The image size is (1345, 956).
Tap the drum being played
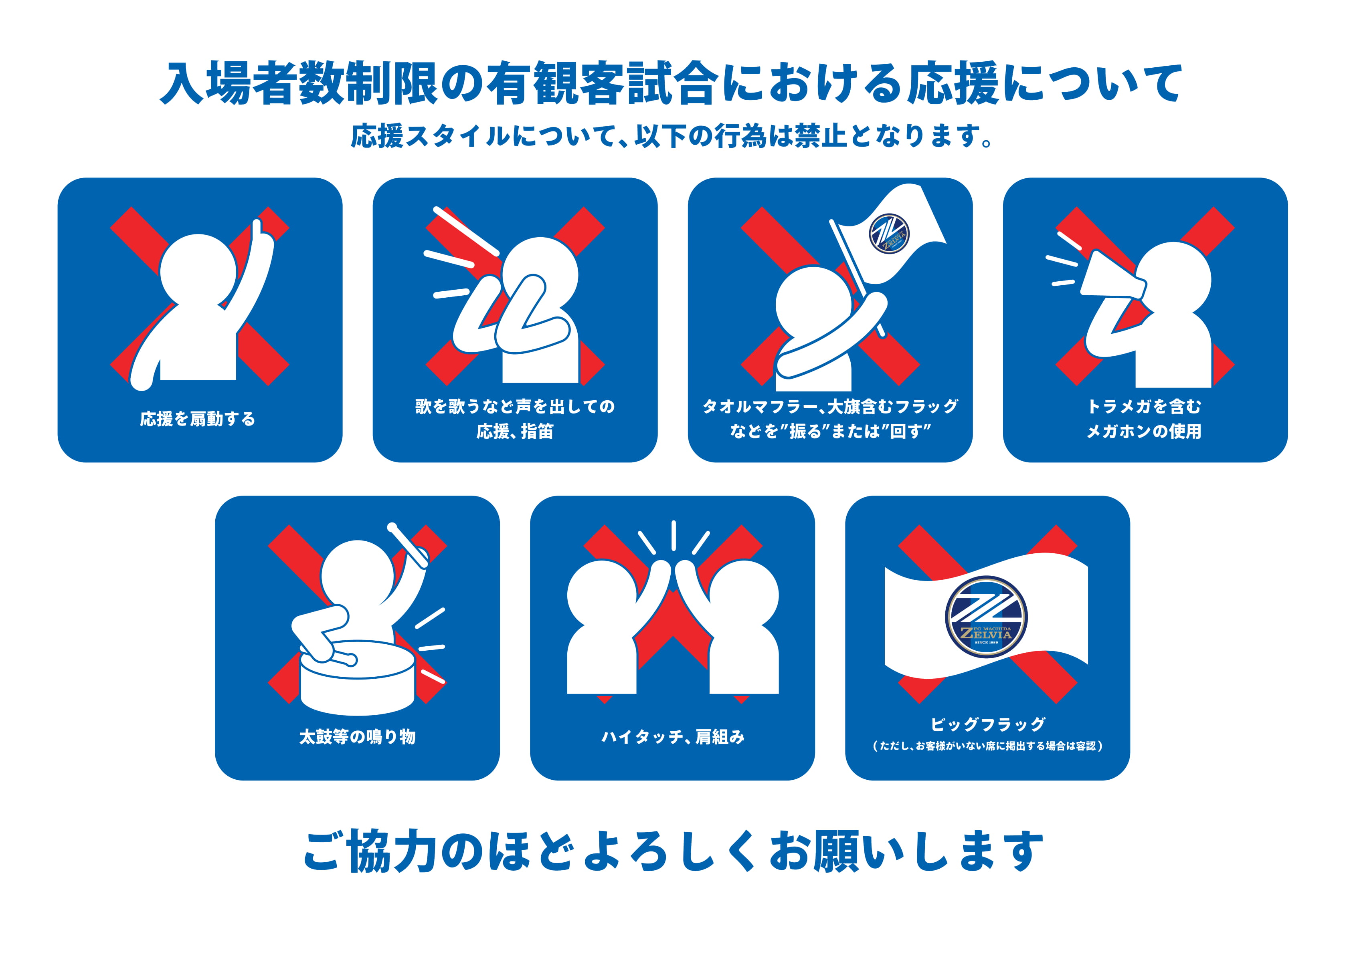point(358,677)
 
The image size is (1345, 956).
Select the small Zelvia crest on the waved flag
point(889,233)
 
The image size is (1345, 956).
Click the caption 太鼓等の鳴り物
point(358,736)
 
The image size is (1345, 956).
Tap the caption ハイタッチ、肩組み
point(673,736)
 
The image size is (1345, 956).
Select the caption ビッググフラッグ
point(987,724)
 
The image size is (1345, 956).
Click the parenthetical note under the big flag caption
point(987,746)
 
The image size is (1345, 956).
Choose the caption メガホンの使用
point(1144,432)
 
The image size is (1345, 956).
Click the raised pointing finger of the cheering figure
point(256,228)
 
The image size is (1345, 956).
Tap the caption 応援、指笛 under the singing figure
point(515,432)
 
